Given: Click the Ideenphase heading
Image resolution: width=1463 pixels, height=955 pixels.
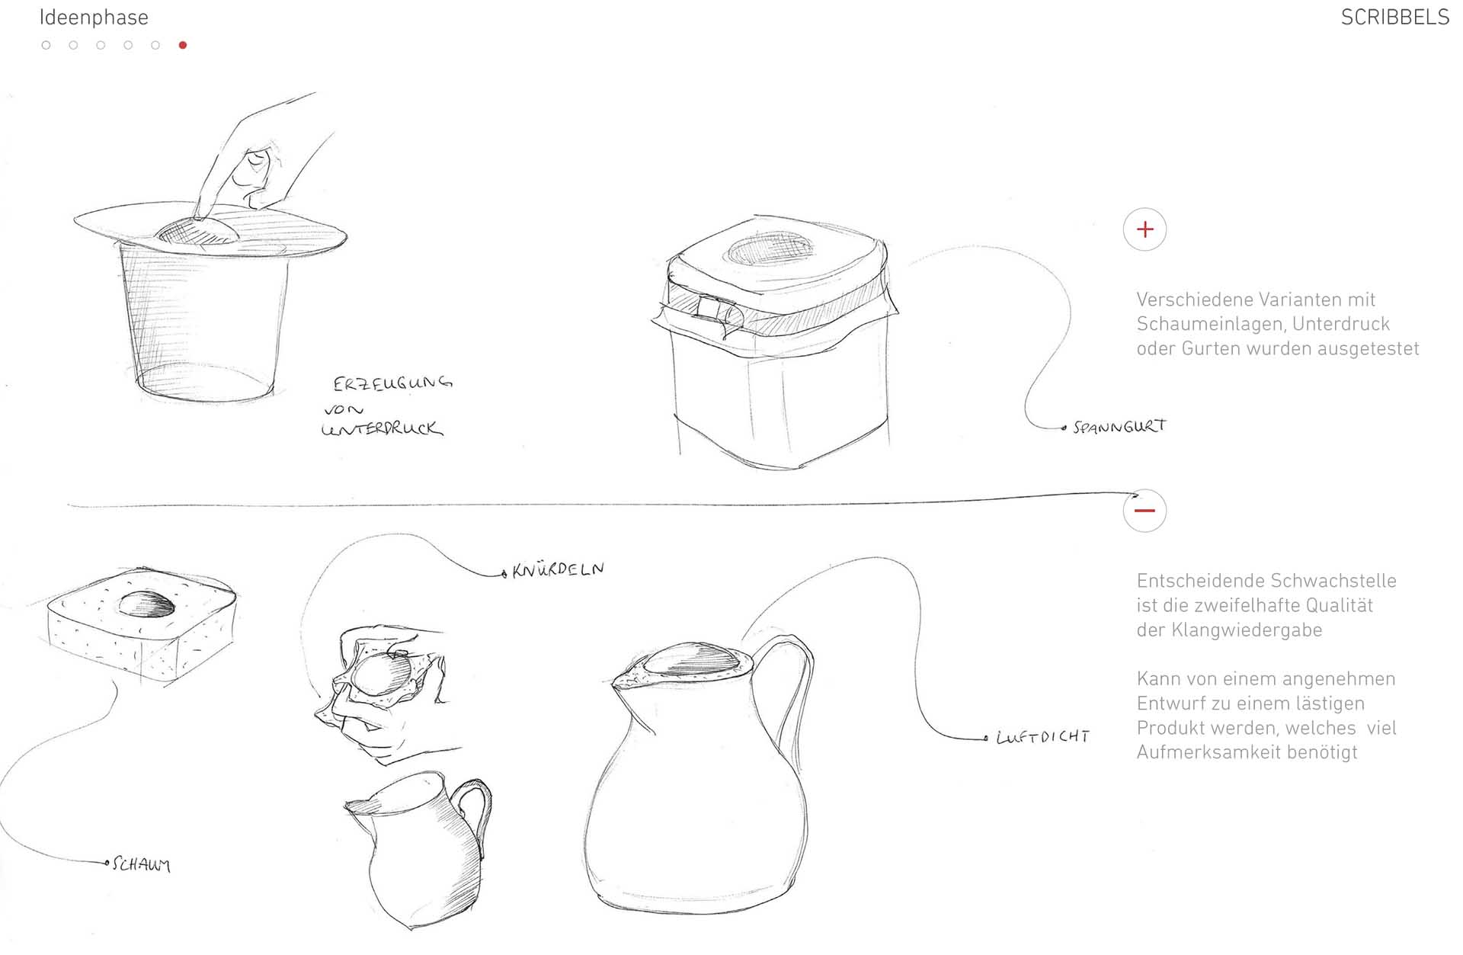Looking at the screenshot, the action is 94,18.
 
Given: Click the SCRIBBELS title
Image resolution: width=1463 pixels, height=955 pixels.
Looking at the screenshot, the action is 1394,18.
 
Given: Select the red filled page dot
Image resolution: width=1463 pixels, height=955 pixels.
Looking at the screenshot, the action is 183,45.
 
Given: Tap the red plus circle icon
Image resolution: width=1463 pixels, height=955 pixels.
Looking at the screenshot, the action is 1144,229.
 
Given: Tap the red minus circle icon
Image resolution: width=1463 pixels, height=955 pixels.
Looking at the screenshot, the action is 1144,510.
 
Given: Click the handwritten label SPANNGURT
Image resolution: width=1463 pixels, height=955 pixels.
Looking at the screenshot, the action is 1119,427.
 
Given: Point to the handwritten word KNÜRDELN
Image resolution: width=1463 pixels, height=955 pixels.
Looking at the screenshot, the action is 559,569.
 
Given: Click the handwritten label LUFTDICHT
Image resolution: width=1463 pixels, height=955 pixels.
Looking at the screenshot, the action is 1043,736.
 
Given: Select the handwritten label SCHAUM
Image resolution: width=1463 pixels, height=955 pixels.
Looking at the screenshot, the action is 141,864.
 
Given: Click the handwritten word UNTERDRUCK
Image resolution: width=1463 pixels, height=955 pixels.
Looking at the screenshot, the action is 382,428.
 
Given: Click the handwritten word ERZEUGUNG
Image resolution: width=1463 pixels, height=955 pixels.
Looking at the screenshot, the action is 392,382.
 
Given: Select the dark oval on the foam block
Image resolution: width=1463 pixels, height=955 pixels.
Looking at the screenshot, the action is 147,604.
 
